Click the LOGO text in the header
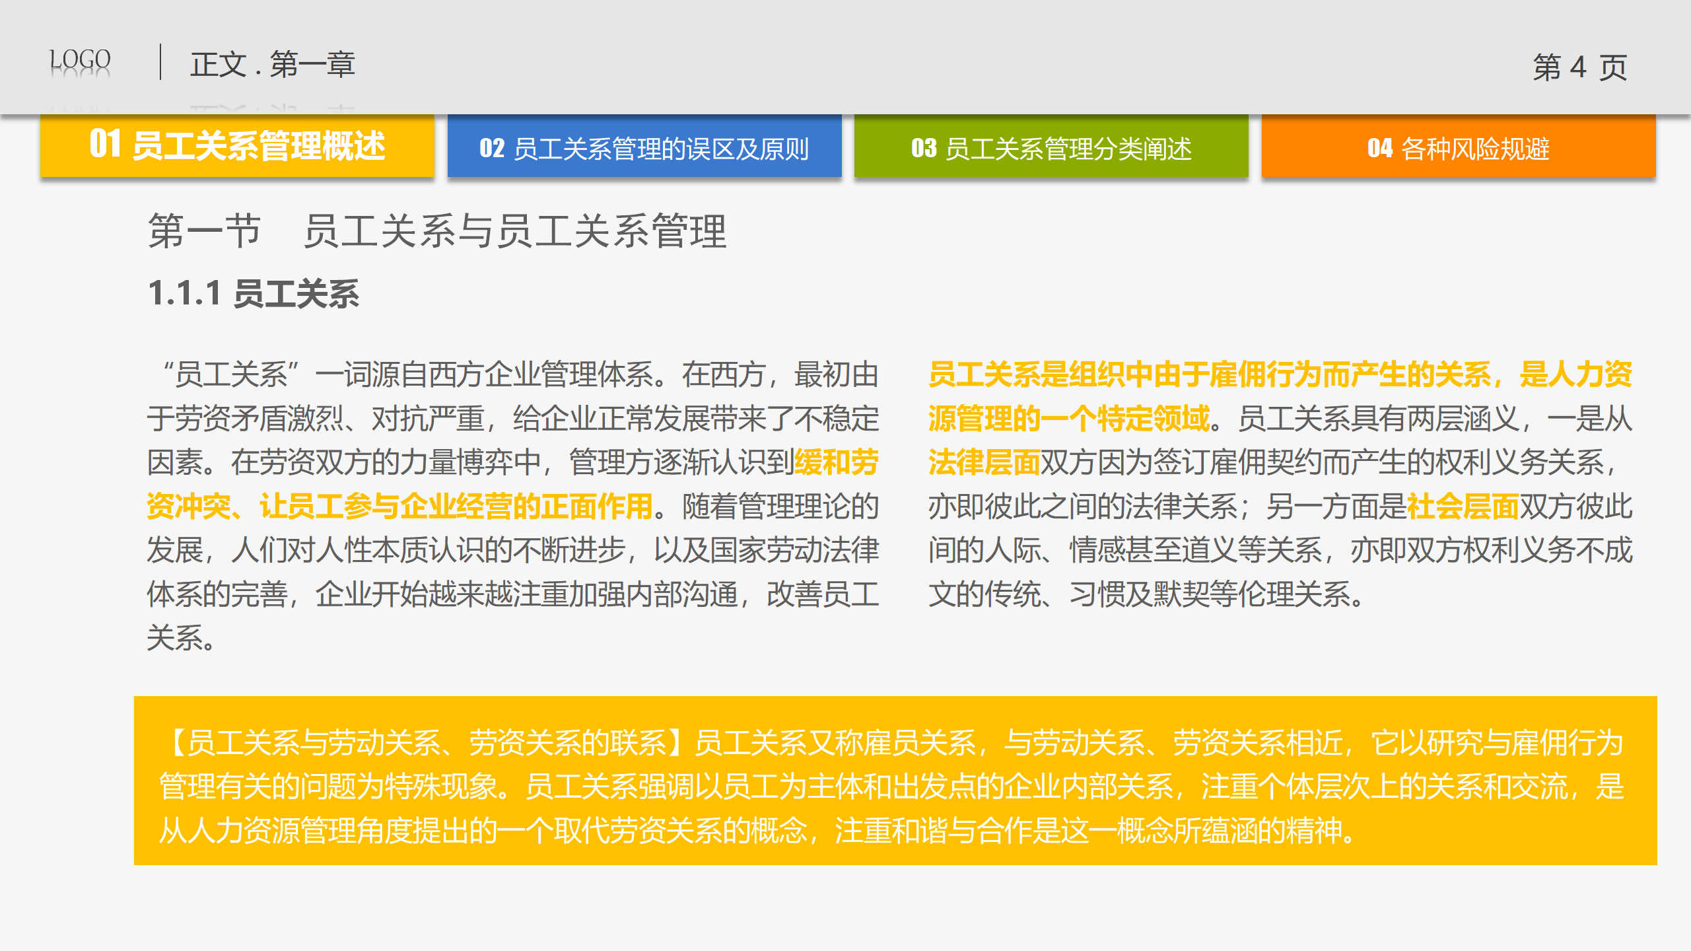click(80, 61)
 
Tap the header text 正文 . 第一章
click(273, 65)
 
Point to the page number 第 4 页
click(1580, 67)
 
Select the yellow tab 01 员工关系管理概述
click(237, 145)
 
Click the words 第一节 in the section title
click(205, 231)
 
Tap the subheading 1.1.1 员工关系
click(254, 293)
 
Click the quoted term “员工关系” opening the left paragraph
click(231, 374)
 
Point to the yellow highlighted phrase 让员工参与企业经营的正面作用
click(456, 507)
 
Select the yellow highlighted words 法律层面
click(984, 462)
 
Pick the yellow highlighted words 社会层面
click(1463, 507)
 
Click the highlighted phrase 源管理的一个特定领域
click(1068, 419)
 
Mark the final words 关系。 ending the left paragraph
click(181, 638)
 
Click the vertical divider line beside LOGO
click(160, 62)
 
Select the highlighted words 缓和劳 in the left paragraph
click(837, 462)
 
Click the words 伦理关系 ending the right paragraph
click(1295, 594)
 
